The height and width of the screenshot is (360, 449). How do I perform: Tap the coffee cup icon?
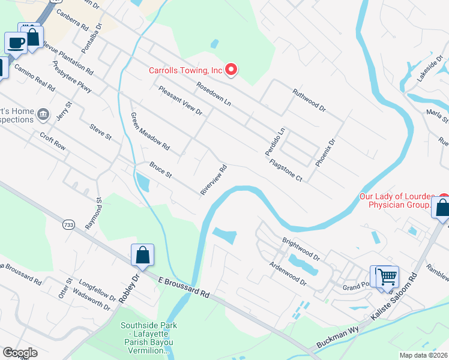(x=16, y=43)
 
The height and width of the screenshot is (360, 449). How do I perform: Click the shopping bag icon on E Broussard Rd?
(x=143, y=255)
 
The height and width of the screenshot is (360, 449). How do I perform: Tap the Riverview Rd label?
(x=214, y=179)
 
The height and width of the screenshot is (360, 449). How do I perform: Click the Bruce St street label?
(x=161, y=169)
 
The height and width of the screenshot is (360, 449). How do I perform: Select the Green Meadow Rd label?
(x=150, y=131)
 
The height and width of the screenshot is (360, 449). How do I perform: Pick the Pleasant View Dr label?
(x=180, y=100)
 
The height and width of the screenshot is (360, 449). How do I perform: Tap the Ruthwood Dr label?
(x=309, y=100)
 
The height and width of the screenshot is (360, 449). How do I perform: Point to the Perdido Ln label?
(x=275, y=142)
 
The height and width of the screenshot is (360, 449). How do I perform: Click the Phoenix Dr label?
(x=324, y=152)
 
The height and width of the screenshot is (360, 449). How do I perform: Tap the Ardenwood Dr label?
(x=288, y=273)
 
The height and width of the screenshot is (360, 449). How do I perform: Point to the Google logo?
(x=20, y=353)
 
